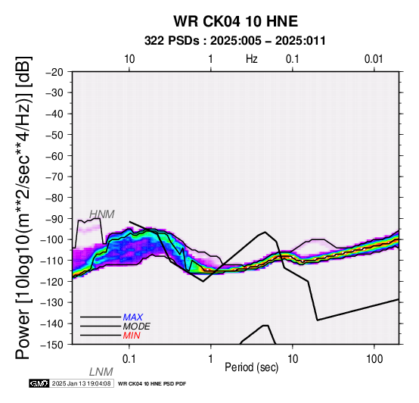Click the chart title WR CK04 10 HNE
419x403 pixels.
pos(236,21)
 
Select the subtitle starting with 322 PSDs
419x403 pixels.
pos(235,41)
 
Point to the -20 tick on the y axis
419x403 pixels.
pos(54,72)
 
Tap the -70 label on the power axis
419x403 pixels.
pos(54,177)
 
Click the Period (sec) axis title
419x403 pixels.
pos(251,367)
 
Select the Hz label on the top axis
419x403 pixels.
pos(251,59)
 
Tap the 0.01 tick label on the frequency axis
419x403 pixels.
pos(374,59)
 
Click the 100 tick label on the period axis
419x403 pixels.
pos(374,359)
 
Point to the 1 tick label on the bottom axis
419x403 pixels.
pos(210,359)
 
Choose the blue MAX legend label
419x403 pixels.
pos(133,317)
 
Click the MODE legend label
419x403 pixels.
pos(137,326)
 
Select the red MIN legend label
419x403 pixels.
pos(132,336)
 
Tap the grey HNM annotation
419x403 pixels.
pos(102,214)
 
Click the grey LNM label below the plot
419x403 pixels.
pos(101,372)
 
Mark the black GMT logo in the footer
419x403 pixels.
pos(39,383)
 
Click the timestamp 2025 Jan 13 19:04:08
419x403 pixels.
pos(81,383)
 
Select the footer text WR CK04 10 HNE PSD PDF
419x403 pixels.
pos(152,384)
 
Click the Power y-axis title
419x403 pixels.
pos(23,208)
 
